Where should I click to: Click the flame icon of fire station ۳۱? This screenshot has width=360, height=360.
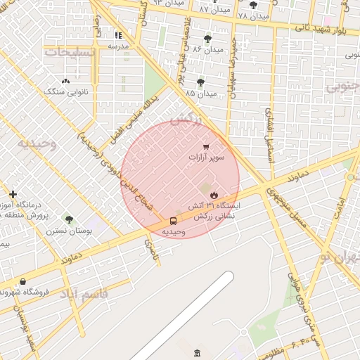(x=214, y=194)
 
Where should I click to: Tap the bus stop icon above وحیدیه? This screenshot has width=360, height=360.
(x=173, y=221)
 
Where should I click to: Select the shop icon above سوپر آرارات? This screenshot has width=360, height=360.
(x=206, y=146)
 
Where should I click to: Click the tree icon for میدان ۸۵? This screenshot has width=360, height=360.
(x=200, y=82)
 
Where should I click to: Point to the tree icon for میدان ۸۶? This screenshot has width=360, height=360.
(x=207, y=38)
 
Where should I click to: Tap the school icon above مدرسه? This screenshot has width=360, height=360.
(x=118, y=35)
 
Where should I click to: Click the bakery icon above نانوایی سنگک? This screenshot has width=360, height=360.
(x=65, y=82)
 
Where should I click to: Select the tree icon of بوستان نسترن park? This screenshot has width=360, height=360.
(x=68, y=219)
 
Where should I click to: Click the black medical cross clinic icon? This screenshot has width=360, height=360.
(x=13, y=194)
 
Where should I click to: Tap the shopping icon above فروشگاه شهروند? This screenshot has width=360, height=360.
(x=22, y=281)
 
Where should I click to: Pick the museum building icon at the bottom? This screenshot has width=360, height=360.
(x=197, y=352)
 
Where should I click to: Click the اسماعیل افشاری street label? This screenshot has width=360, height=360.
(x=269, y=136)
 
